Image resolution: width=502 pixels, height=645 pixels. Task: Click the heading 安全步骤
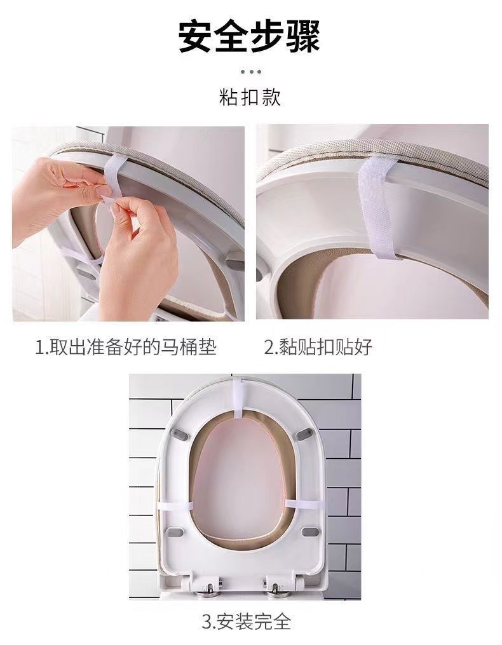click(249, 36)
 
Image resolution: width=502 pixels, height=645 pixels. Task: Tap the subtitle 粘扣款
click(250, 97)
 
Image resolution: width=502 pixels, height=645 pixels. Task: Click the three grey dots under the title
click(250, 72)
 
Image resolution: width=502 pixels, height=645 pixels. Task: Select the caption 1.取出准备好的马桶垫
click(126, 347)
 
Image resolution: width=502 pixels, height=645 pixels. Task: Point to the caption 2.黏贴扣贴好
click(318, 347)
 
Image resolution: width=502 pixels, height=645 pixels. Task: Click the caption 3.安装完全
click(246, 621)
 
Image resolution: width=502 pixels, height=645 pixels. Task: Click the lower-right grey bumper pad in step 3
click(310, 531)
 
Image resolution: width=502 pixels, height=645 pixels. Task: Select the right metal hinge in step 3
click(274, 588)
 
